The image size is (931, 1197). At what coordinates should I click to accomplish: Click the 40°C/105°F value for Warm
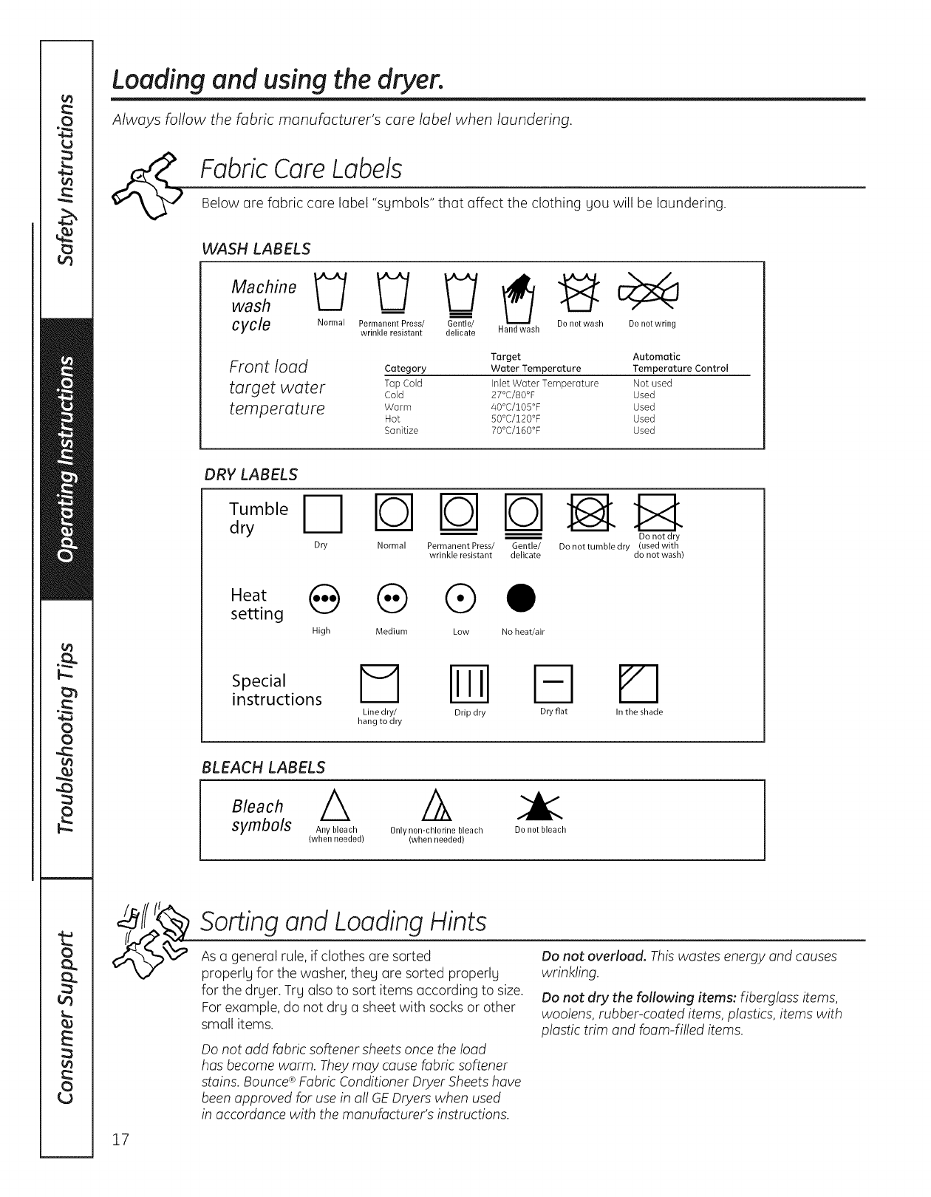pos(516,407)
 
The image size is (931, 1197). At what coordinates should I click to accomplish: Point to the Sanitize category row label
pos(401,431)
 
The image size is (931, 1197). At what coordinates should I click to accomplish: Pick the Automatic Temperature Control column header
pos(680,363)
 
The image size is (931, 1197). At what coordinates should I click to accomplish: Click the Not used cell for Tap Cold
pos(652,383)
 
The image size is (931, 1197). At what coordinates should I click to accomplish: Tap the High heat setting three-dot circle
pos(324,596)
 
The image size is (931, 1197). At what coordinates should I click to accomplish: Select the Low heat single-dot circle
pos(461,596)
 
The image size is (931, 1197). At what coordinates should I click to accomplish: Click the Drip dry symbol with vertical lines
pos(469,683)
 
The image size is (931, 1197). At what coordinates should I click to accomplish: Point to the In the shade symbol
pos(638,683)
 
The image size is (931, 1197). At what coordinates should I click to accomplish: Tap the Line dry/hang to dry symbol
pos(379,683)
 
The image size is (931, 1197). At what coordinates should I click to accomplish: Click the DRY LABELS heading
pos(250,474)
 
